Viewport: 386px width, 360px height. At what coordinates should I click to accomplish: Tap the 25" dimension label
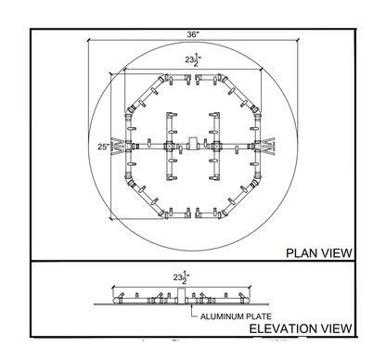[x=103, y=146]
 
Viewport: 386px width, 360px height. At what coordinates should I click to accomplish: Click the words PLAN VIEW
[x=318, y=251]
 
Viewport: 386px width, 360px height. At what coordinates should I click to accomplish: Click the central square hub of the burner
[x=193, y=146]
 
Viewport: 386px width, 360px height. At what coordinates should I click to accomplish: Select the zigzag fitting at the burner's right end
[x=268, y=146]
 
